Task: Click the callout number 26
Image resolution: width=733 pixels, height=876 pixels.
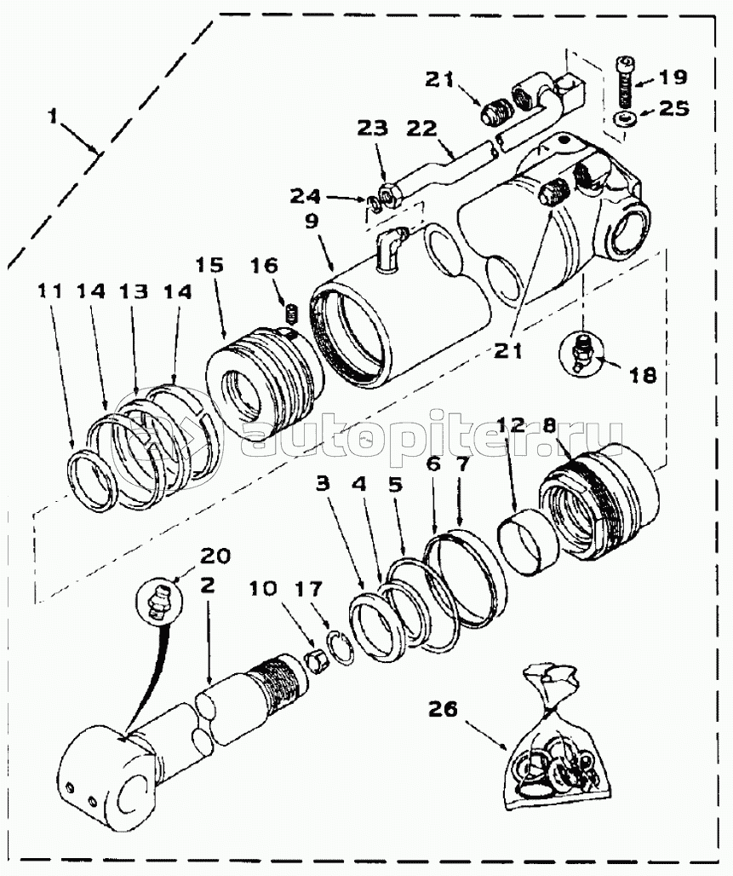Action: click(443, 709)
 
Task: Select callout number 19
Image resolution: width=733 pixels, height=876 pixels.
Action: click(673, 77)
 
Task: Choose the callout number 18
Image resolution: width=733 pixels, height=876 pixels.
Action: click(643, 376)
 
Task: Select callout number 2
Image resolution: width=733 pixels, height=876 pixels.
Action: click(207, 585)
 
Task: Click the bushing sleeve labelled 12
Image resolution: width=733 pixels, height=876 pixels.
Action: click(528, 542)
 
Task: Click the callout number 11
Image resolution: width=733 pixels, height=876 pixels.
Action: click(51, 291)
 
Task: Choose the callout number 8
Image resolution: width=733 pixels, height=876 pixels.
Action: click(548, 426)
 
